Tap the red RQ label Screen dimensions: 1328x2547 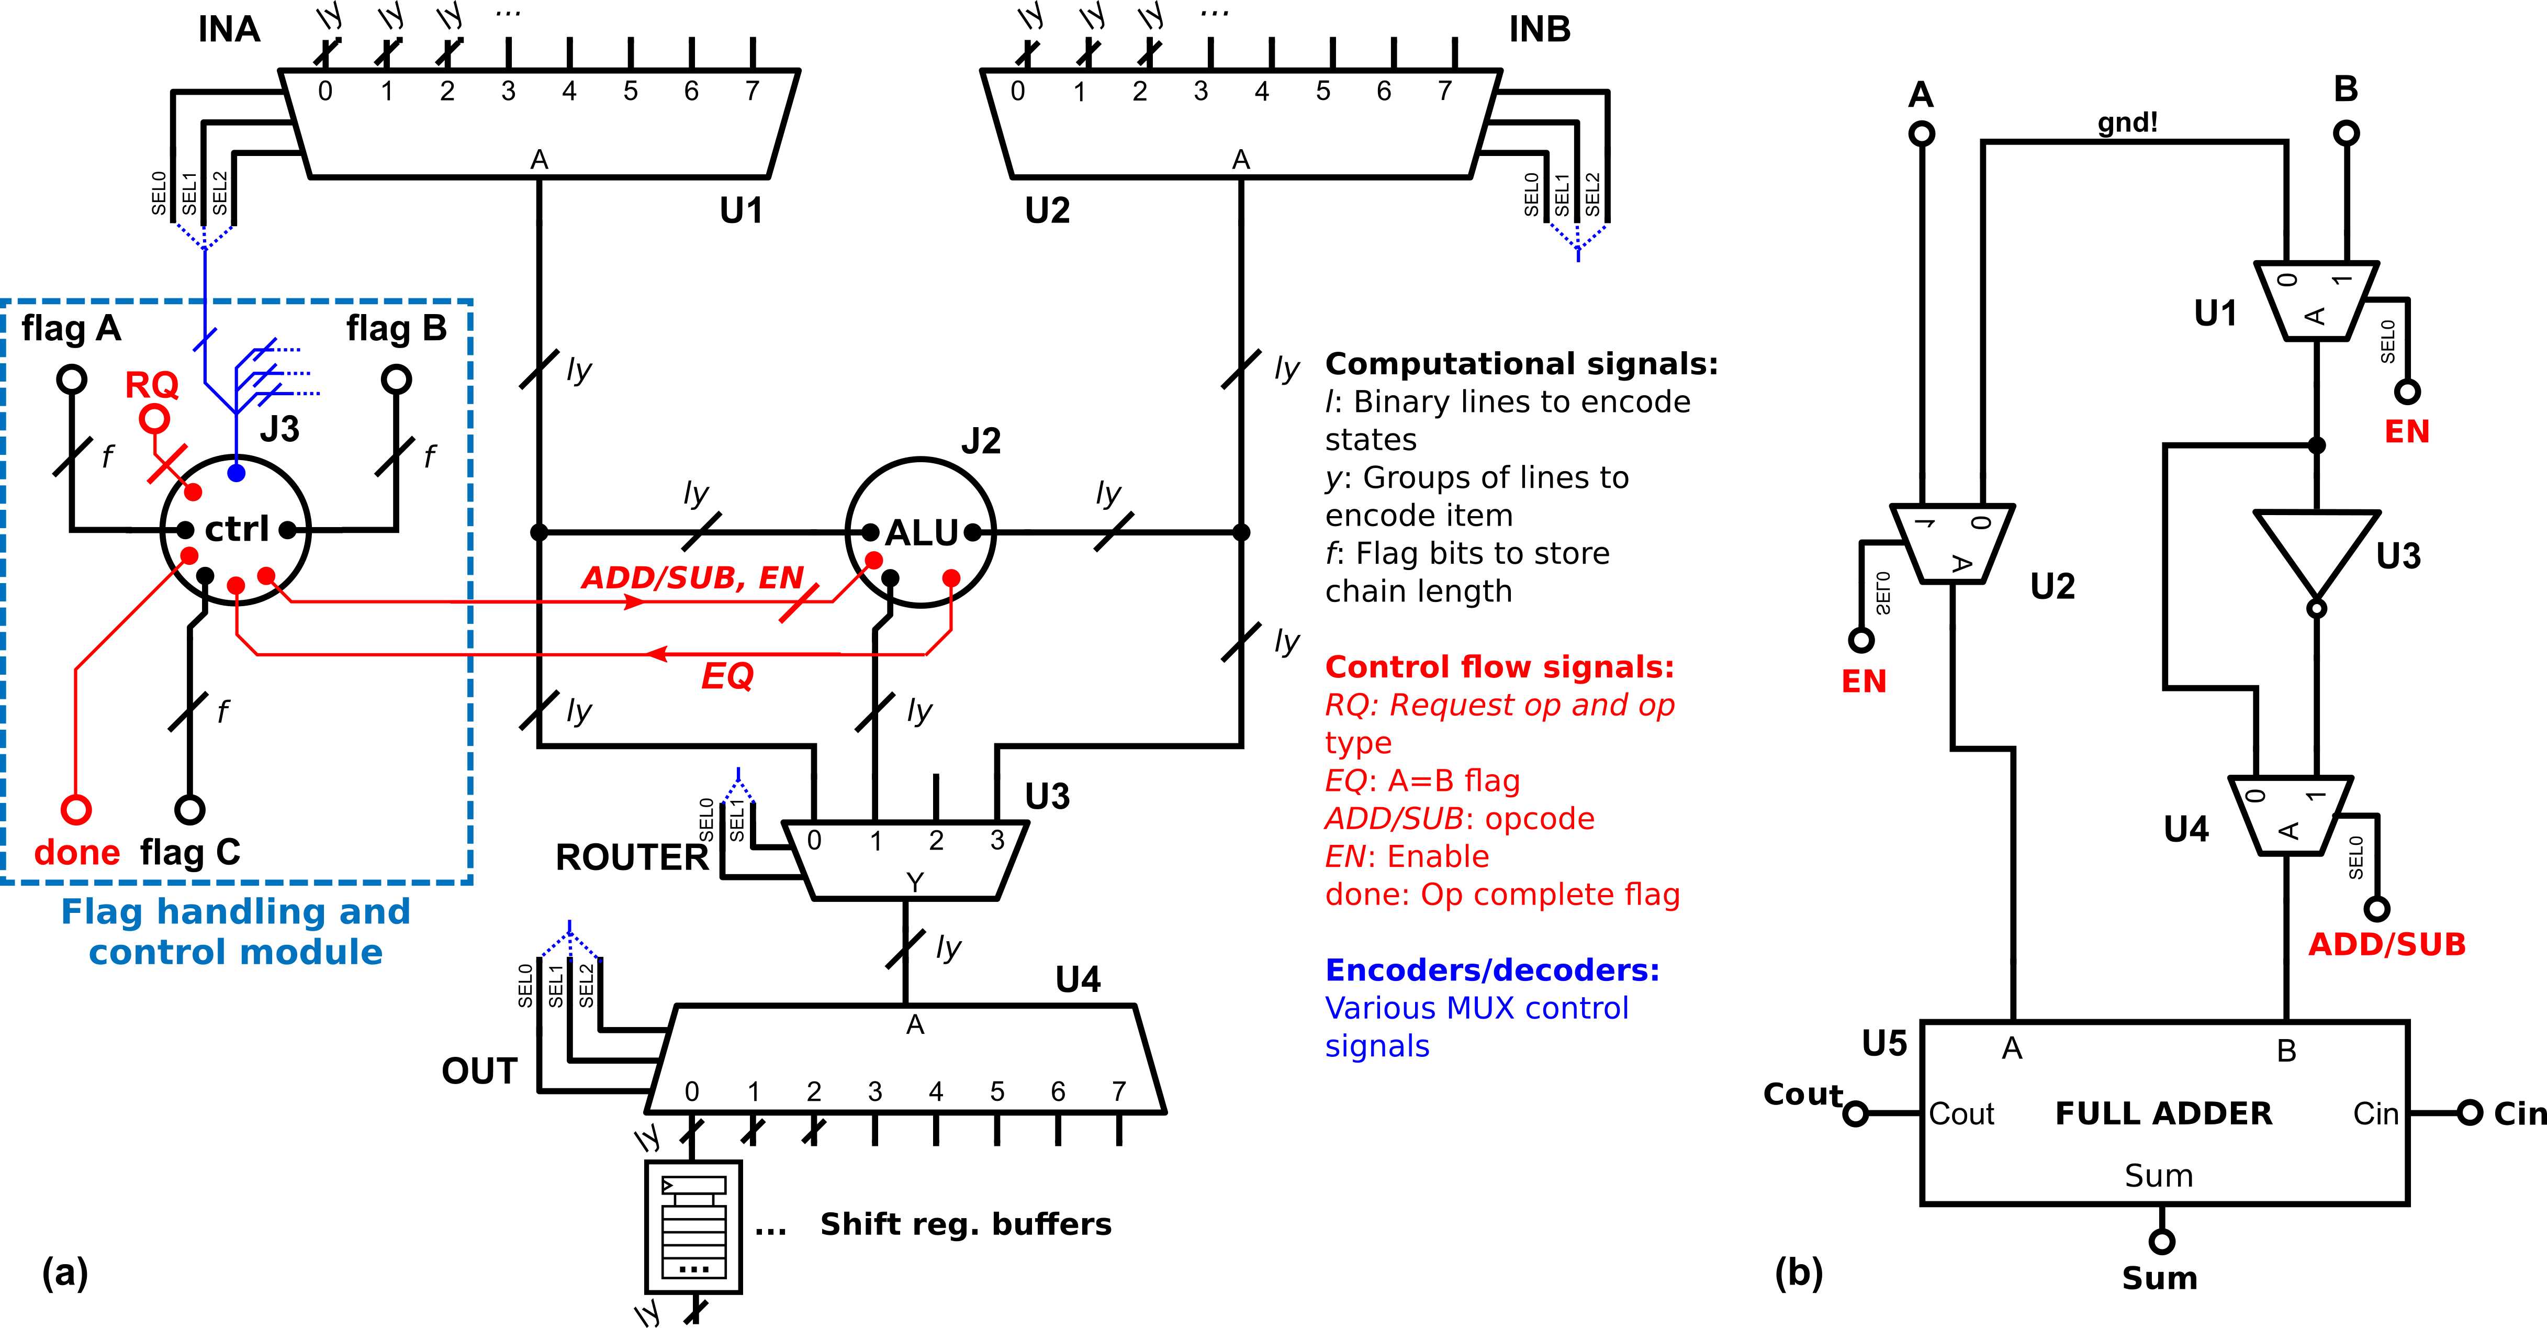pyautogui.click(x=151, y=385)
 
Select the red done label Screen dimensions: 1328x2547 pyautogui.click(x=77, y=852)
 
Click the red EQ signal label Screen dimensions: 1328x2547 pyautogui.click(x=727, y=676)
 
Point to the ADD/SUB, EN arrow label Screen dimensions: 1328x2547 pyautogui.click(x=692, y=577)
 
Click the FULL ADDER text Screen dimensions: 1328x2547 pyautogui.click(x=2163, y=1113)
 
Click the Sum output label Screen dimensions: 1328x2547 pyautogui.click(x=2158, y=1176)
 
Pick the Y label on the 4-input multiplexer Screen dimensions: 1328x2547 pyautogui.click(x=915, y=881)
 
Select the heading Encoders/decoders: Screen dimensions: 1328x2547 pyautogui.click(x=1492, y=970)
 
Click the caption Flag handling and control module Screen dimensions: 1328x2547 pyautogui.click(x=235, y=931)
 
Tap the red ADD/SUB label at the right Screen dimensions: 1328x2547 pyautogui.click(x=2387, y=944)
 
